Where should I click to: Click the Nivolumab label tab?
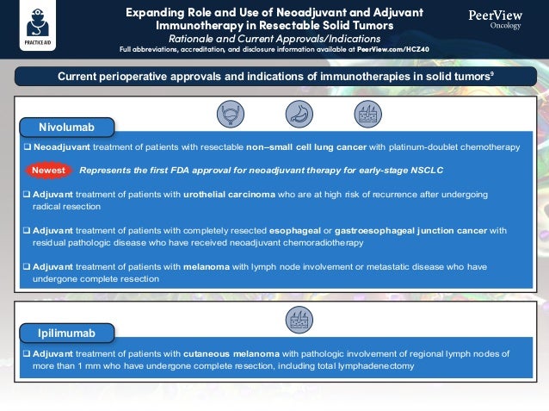click(x=65, y=128)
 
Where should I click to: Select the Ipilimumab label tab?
click(x=65, y=333)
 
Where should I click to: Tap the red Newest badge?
click(x=48, y=171)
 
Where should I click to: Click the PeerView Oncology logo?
click(x=495, y=19)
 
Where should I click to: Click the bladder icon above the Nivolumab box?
click(x=230, y=114)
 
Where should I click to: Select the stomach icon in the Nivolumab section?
click(x=298, y=114)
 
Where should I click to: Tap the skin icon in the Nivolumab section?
click(x=367, y=114)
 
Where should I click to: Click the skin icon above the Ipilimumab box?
click(x=299, y=320)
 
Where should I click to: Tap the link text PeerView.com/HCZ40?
click(x=389, y=49)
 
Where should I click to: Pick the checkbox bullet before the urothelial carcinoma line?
click(x=27, y=195)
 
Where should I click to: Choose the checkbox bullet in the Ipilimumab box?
click(x=27, y=354)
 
